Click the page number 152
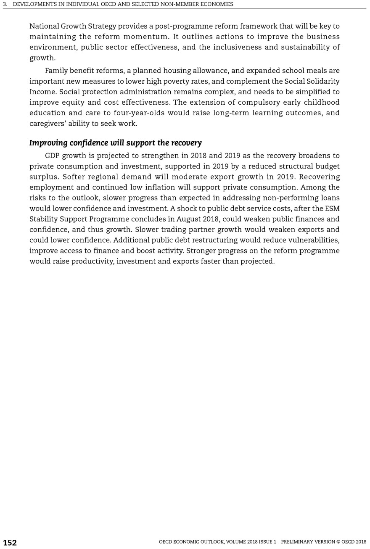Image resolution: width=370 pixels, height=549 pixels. [10, 543]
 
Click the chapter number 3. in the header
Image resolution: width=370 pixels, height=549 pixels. [5, 4]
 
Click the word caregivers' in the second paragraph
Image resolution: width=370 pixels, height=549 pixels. [46, 124]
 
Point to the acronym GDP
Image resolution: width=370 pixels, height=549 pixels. [53, 156]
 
